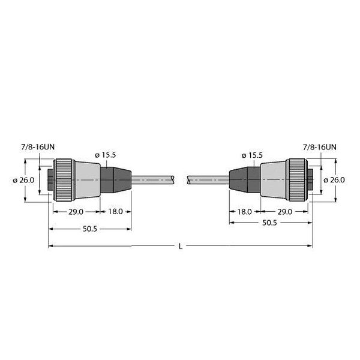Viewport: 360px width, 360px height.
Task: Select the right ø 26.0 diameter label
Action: tap(334, 179)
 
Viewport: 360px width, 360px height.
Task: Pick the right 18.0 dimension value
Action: tap(245, 212)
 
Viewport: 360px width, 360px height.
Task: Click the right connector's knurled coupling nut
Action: tap(297, 178)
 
